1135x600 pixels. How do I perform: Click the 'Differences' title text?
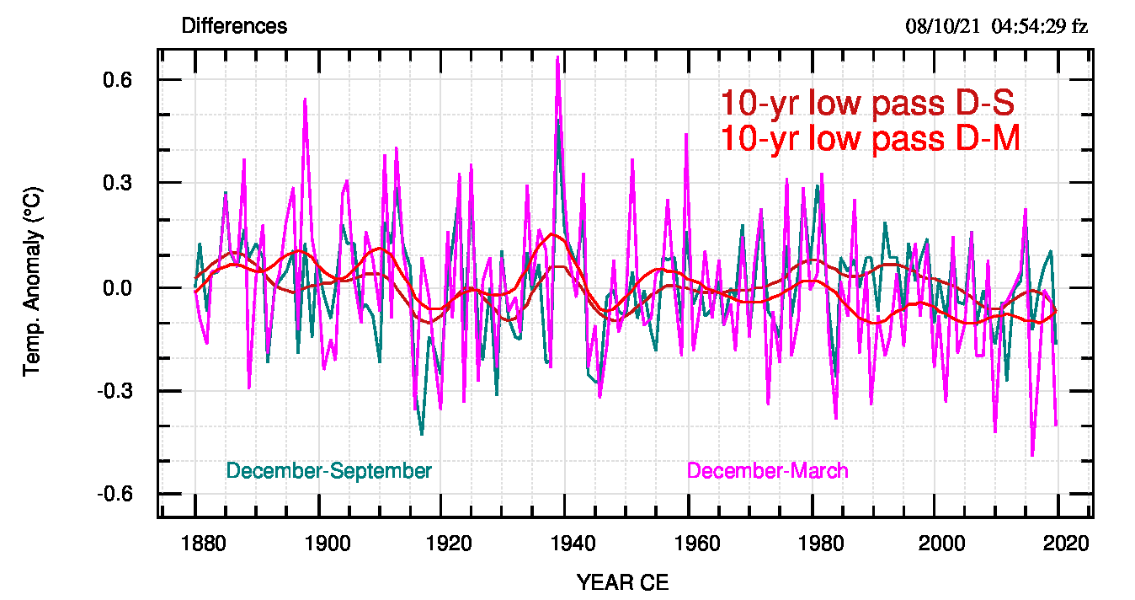click(x=234, y=26)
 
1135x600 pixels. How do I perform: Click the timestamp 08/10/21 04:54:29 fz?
click(x=997, y=26)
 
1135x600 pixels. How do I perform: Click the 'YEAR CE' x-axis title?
click(x=623, y=582)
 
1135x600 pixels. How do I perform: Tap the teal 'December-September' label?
click(x=328, y=470)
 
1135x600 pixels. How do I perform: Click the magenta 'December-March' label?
click(x=768, y=470)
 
